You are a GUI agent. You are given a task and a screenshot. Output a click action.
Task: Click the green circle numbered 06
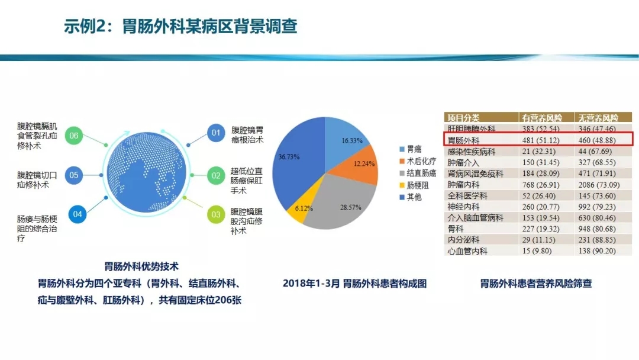[74, 136]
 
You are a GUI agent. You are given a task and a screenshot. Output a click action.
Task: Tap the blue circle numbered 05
[74, 175]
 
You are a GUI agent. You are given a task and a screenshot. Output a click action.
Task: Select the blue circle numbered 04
[78, 214]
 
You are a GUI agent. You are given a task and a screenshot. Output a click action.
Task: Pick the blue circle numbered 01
[216, 133]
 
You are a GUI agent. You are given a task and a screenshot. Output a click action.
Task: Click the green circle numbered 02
[216, 176]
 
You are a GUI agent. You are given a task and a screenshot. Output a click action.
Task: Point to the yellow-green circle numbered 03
[216, 214]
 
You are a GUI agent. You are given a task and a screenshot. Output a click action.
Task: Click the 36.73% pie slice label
[289, 156]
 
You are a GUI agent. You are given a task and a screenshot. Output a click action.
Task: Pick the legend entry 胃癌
[411, 149]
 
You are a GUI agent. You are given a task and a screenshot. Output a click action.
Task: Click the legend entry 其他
[411, 197]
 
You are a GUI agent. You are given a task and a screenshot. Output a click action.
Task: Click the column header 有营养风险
[541, 118]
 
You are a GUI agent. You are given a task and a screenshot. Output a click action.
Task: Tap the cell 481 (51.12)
[541, 140]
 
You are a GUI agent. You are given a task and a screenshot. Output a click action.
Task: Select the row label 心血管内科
[467, 251]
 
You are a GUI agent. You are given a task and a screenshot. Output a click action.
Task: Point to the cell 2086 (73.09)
[599, 185]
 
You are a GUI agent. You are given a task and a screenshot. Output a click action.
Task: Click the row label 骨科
[455, 229]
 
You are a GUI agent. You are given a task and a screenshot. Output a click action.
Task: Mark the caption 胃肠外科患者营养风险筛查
[535, 284]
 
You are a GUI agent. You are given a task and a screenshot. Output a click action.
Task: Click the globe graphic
[146, 172]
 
